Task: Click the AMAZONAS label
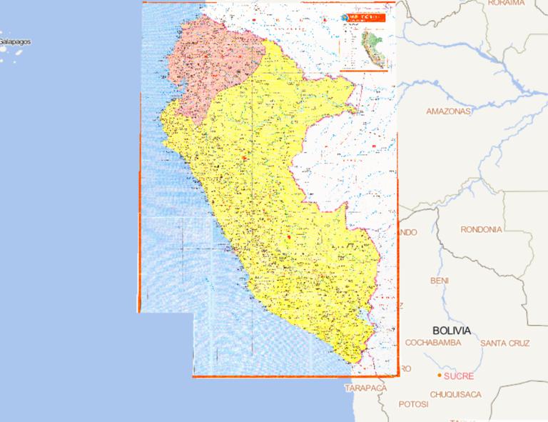coord(449,111)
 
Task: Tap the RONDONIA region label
coord(481,229)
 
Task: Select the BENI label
coord(440,281)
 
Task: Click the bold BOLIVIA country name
coord(452,331)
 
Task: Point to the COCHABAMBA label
coord(435,343)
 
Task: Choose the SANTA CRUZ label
coord(505,343)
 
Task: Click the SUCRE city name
coord(459,376)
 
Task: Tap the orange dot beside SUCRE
coord(439,376)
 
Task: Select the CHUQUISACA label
coord(455,394)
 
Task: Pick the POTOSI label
coord(413,404)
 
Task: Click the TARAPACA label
coord(365,388)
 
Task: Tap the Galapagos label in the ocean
coord(16,42)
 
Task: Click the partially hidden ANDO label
coord(407,232)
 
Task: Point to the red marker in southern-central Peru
coord(289,236)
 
